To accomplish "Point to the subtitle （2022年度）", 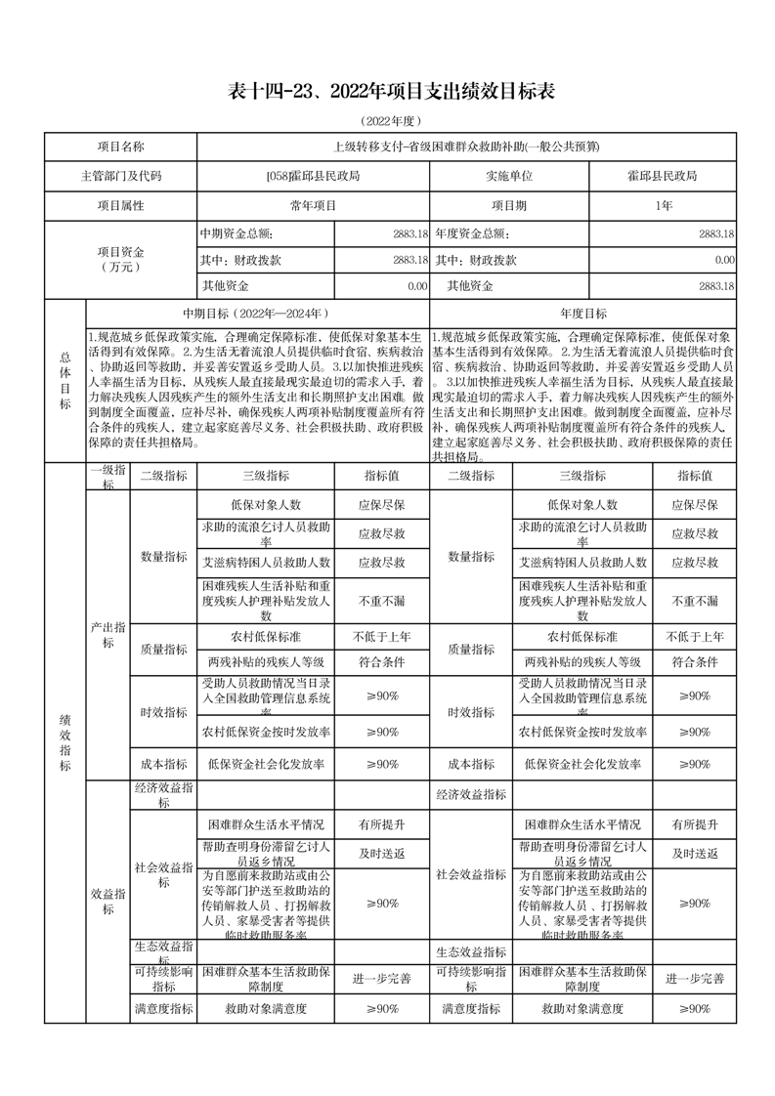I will (x=390, y=120).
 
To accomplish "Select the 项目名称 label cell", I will (x=120, y=147).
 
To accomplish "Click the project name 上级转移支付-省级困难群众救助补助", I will (x=466, y=147).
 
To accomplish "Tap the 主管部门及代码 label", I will (x=120, y=176).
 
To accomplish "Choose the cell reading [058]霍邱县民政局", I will (x=313, y=176).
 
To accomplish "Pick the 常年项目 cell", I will (x=313, y=206).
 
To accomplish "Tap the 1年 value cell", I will (x=663, y=206).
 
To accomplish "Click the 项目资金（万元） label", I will (x=120, y=259).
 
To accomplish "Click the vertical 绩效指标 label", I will (x=65, y=742).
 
